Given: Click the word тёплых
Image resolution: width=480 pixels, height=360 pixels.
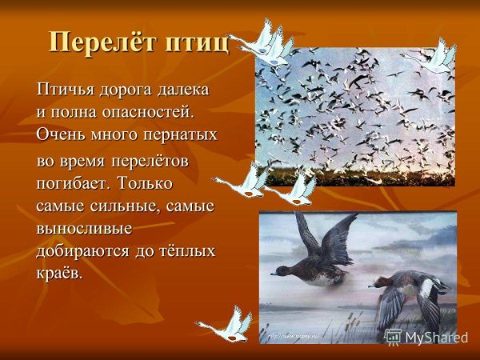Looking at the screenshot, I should pyautogui.click(x=186, y=251).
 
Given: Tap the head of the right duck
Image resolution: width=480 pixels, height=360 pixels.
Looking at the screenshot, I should pyautogui.click(x=377, y=281).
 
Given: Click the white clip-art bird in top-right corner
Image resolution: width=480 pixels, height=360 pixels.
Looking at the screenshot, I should pyautogui.click(x=436, y=56).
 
